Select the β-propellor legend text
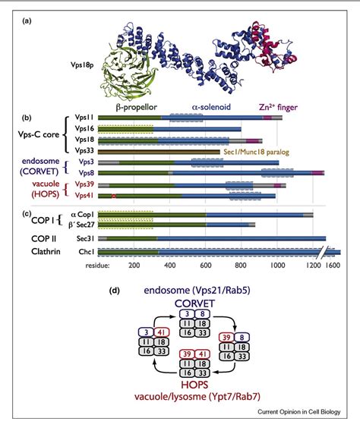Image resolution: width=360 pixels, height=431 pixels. pyautogui.click(x=137, y=109)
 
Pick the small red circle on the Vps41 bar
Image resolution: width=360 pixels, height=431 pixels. pyautogui.click(x=113, y=197)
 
